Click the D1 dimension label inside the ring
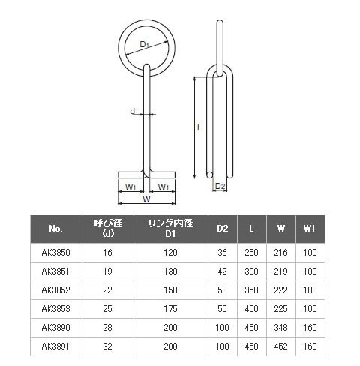pos(144,44)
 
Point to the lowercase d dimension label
pos(133,111)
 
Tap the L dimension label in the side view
pos(199,127)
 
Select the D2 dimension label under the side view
pos(220,186)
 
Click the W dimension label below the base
pos(146,199)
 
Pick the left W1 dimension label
pos(130,187)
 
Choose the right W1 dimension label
pos(163,187)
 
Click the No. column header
pos(55,229)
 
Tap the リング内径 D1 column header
pos(170,229)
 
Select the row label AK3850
pos(55,253)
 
